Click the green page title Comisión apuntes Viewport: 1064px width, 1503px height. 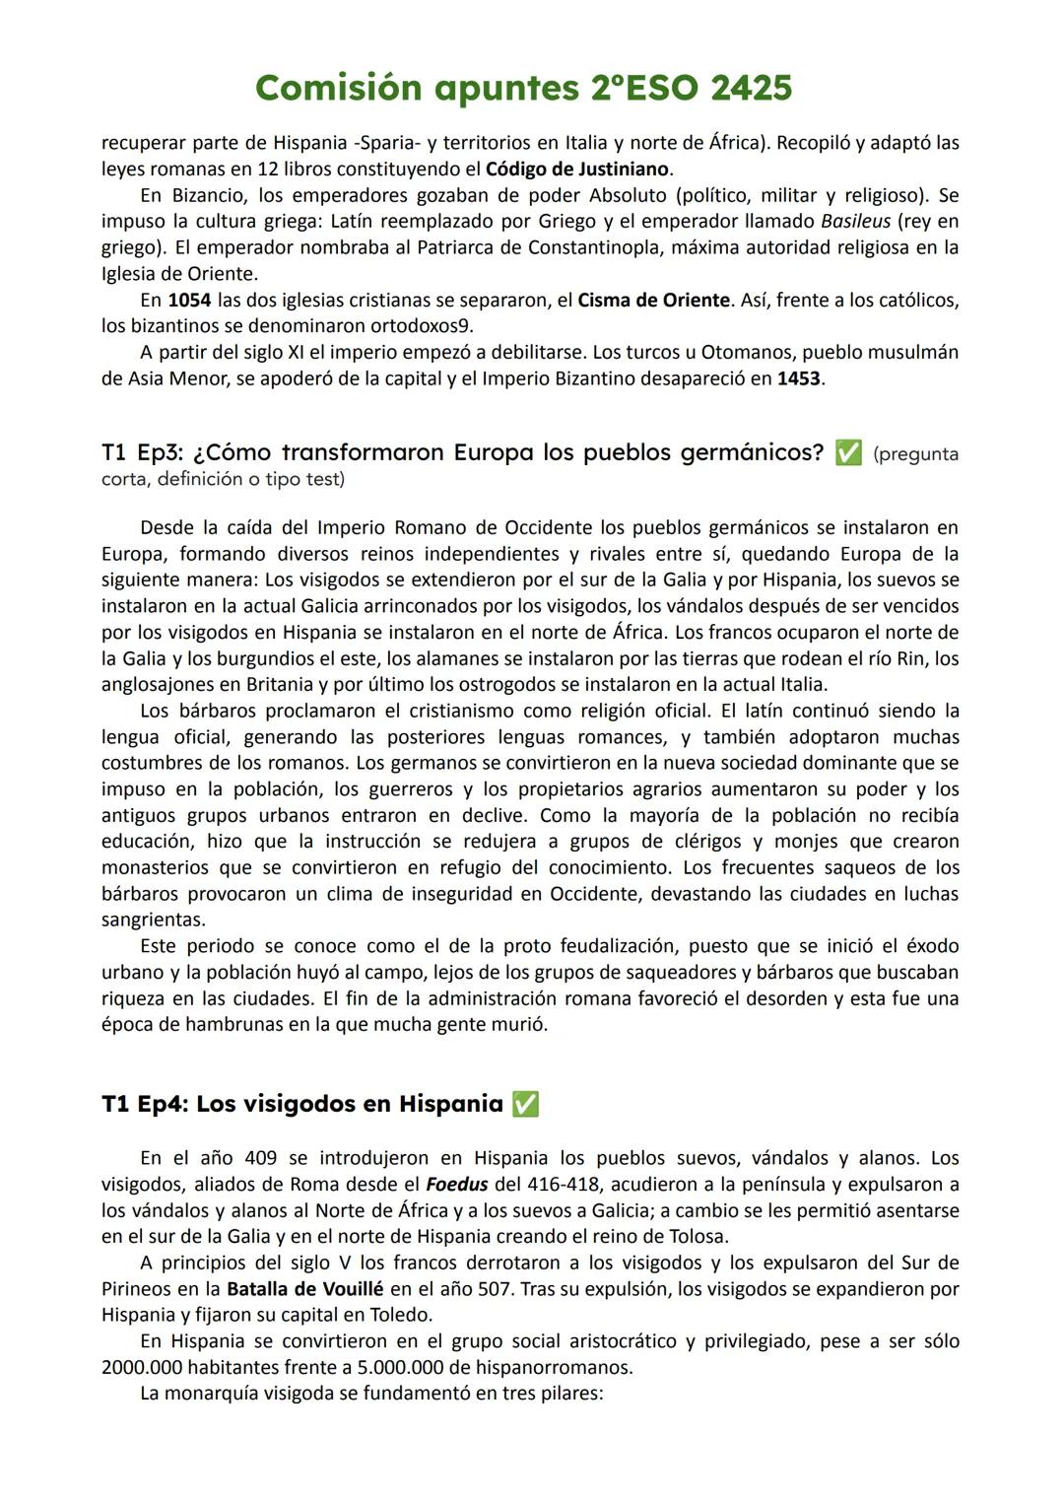[523, 89]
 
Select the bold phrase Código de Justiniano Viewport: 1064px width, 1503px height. [578, 169]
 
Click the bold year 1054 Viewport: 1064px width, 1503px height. [189, 300]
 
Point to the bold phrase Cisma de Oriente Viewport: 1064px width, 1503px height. [653, 300]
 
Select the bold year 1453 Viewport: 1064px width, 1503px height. [798, 378]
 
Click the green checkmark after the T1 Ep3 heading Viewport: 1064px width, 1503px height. [847, 453]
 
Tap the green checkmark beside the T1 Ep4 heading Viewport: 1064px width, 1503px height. [525, 1105]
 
